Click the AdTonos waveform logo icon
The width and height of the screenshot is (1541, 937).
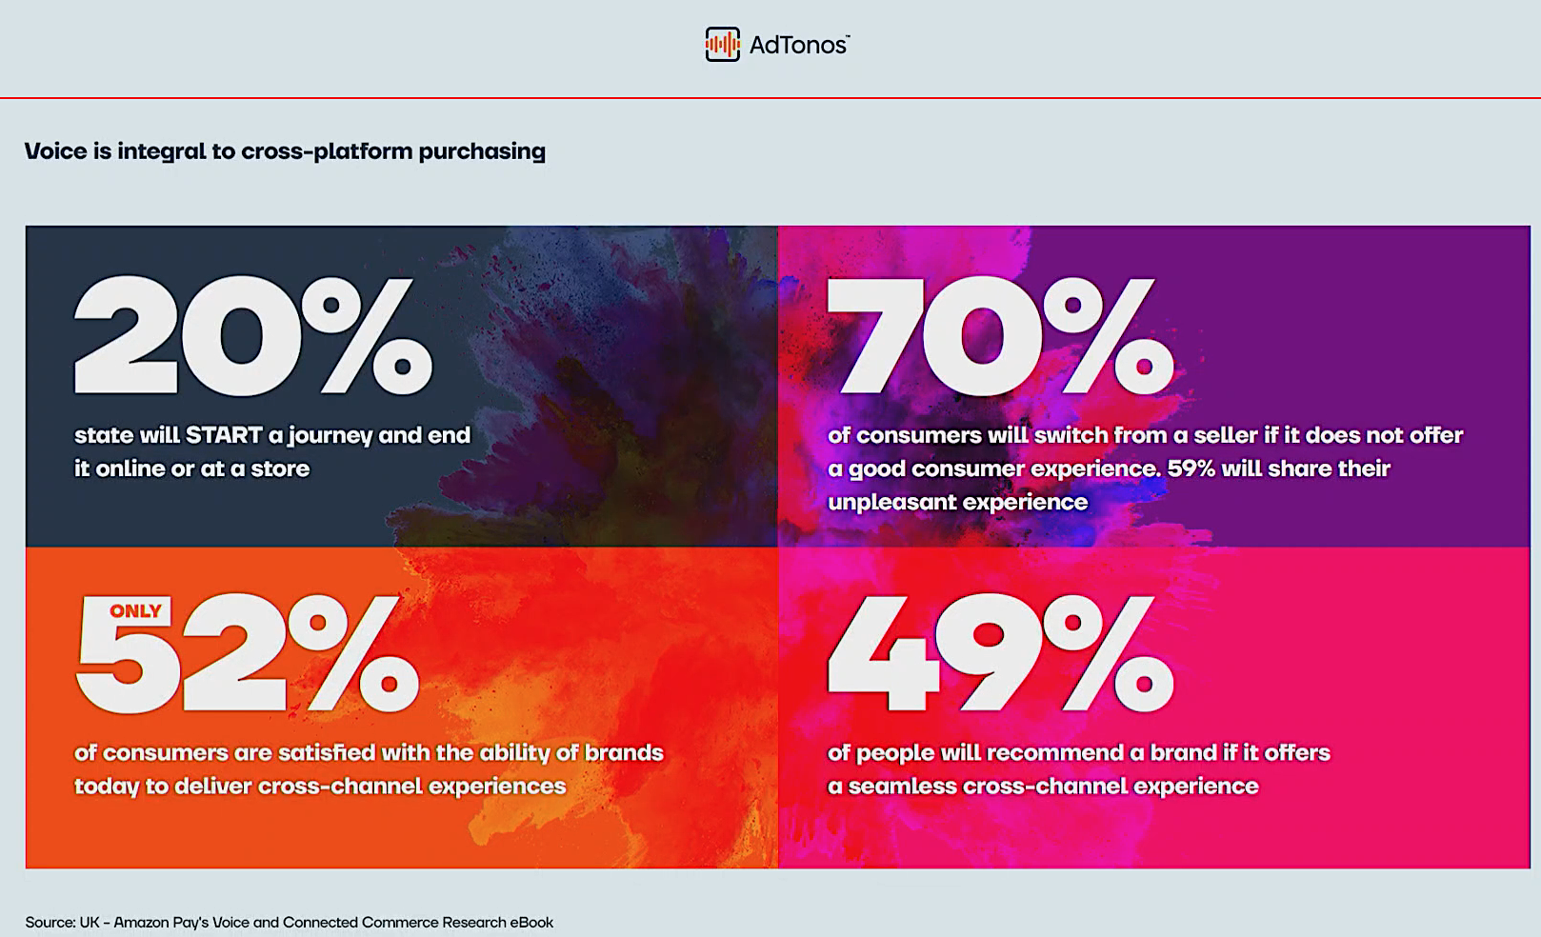722,45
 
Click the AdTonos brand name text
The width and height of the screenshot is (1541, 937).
799,46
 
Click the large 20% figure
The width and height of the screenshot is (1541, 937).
253,336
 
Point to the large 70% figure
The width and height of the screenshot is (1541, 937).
1000,336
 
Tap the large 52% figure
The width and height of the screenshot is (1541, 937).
247,653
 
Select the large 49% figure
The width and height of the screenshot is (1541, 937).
1000,653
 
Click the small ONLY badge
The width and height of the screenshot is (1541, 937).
135,611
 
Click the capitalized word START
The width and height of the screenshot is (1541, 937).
224,435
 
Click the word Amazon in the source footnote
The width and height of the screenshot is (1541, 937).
141,923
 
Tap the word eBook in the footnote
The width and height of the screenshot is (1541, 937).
531,923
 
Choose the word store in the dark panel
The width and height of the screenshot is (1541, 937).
280,469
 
